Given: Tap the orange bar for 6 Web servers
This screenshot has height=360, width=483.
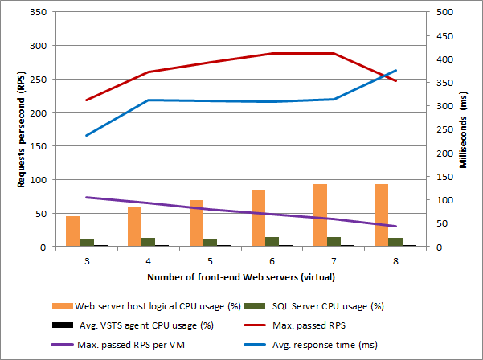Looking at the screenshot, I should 258,219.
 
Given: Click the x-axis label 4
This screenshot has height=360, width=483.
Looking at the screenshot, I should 148,261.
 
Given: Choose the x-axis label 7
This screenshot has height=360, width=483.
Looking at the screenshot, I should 334,261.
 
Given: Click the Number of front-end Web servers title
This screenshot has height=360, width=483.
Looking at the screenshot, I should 241,276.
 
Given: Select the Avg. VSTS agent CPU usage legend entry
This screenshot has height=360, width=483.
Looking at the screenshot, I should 145,325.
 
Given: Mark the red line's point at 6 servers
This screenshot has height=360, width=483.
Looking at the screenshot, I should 272,54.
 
